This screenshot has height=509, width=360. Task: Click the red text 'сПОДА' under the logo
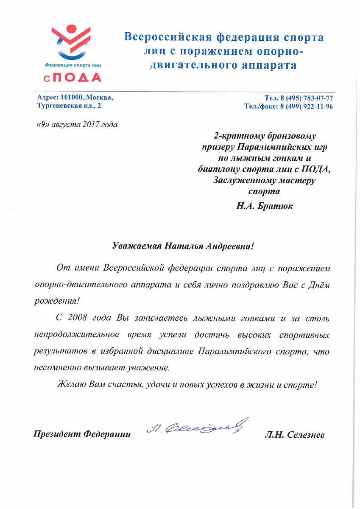coord(73,78)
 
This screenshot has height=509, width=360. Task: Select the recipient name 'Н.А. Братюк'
coord(264,206)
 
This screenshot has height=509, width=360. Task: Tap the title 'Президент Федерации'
coord(82,434)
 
